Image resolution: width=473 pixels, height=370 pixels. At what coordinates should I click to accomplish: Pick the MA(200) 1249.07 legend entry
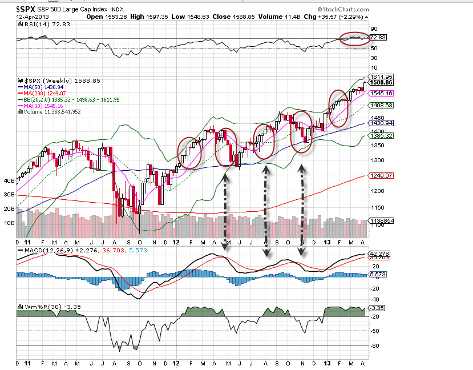tap(50, 93)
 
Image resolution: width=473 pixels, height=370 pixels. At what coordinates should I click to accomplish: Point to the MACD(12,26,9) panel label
tap(46, 250)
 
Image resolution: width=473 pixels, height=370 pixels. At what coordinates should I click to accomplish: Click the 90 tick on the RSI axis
tap(374, 28)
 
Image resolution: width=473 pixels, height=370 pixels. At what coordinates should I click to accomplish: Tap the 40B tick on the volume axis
tap(9, 180)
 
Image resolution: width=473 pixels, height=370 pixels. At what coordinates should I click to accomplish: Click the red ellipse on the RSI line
tap(353, 39)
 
